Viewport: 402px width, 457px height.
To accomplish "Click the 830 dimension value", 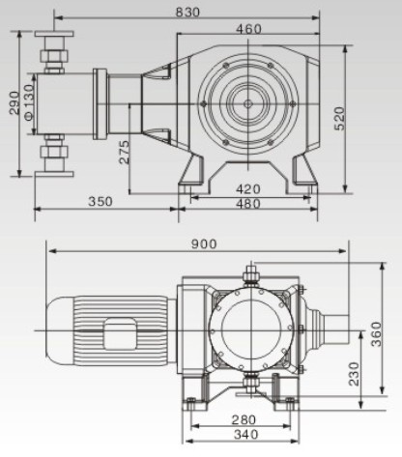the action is (187, 13).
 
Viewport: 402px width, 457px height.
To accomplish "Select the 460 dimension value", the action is (248, 29).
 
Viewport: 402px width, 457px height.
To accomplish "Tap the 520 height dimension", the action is (339, 119).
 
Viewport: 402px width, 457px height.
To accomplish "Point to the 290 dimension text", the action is (14, 103).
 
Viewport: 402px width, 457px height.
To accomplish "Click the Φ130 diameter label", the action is (29, 102).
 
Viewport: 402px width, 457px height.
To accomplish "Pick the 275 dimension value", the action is (124, 152).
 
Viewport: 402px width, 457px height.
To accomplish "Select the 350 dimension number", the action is (100, 202).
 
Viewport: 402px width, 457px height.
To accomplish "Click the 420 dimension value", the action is (248, 189).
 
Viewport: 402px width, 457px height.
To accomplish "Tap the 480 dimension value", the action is (248, 204).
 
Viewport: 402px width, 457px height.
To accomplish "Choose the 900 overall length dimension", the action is (204, 244).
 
